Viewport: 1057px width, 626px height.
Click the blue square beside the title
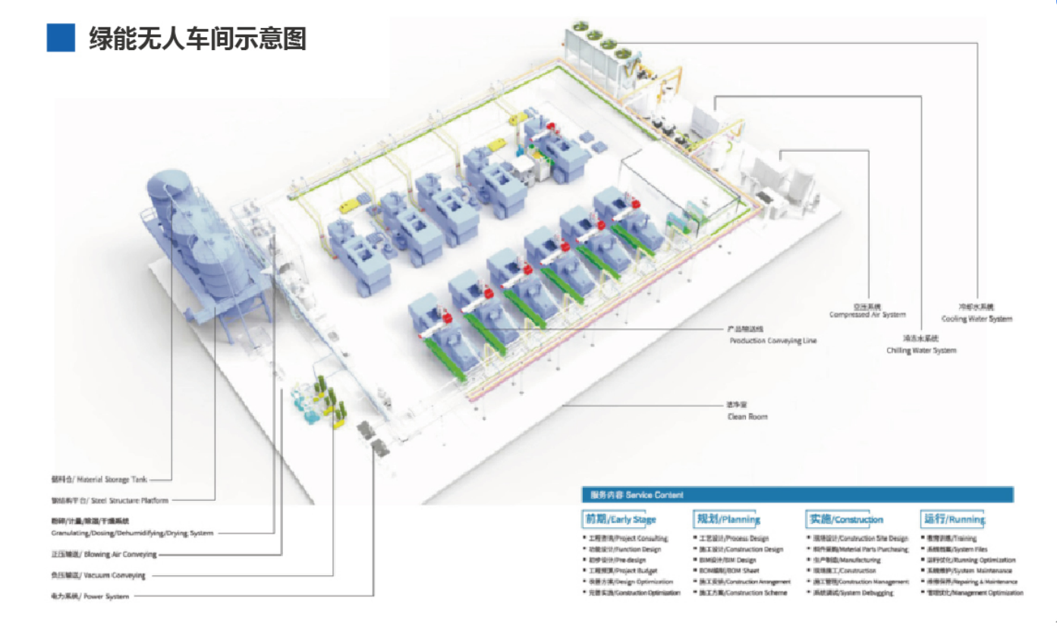coord(61,38)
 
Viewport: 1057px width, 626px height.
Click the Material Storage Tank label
coord(99,480)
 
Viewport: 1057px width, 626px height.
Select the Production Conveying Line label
coord(772,341)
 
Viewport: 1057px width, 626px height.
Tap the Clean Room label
coord(747,417)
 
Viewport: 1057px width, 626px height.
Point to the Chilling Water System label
coord(921,350)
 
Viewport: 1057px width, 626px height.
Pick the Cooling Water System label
coord(977,318)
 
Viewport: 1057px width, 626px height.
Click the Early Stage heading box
coord(619,519)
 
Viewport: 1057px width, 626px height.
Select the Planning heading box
coord(728,519)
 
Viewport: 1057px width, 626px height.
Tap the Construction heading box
coord(845,519)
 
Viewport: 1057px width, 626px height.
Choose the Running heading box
coord(953,519)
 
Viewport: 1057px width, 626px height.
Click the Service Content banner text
coord(637,495)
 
